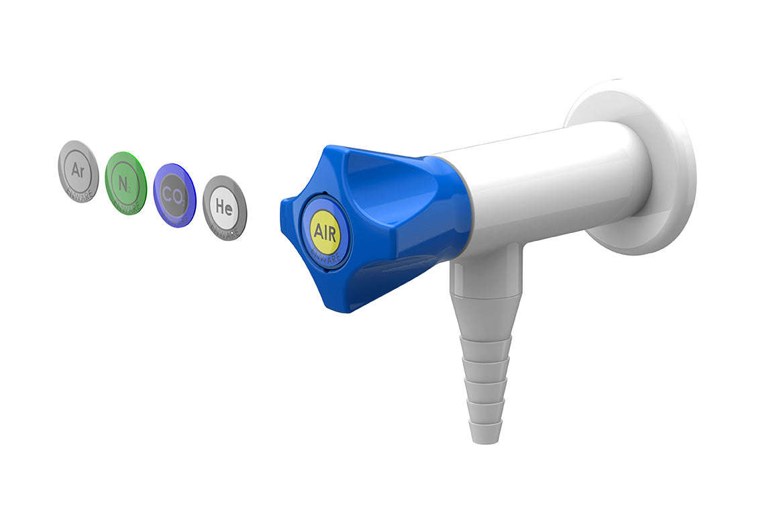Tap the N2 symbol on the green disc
pyautogui.click(x=125, y=182)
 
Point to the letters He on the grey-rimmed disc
pyautogui.click(x=224, y=208)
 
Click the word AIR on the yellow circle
pyautogui.click(x=325, y=231)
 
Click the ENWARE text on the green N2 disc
pyautogui.click(x=128, y=205)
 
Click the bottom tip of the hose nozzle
pyautogui.click(x=484, y=436)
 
